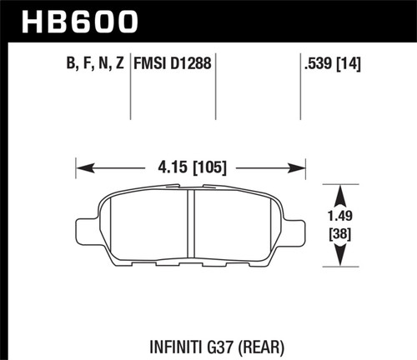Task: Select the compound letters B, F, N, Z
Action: [x=94, y=61]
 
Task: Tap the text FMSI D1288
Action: [x=172, y=61]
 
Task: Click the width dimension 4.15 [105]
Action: [x=192, y=167]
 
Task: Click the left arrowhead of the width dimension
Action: [x=81, y=167]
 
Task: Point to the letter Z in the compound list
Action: [x=121, y=61]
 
